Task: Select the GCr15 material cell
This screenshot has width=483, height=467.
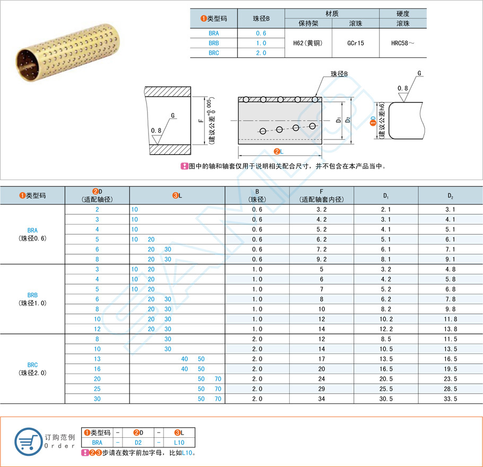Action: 355,43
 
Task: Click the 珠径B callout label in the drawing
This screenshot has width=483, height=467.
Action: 339,74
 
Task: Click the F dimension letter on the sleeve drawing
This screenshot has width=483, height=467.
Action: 200,121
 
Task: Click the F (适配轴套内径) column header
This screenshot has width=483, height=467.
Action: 322,195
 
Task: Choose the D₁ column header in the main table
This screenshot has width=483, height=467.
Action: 386,195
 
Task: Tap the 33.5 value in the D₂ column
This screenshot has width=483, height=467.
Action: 451,399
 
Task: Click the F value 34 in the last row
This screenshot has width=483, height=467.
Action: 322,399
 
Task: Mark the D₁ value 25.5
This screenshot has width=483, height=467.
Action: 386,388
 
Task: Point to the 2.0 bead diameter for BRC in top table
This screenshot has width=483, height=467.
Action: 261,53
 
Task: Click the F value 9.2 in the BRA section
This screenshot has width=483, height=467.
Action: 322,259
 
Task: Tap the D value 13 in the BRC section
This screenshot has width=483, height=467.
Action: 97,359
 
